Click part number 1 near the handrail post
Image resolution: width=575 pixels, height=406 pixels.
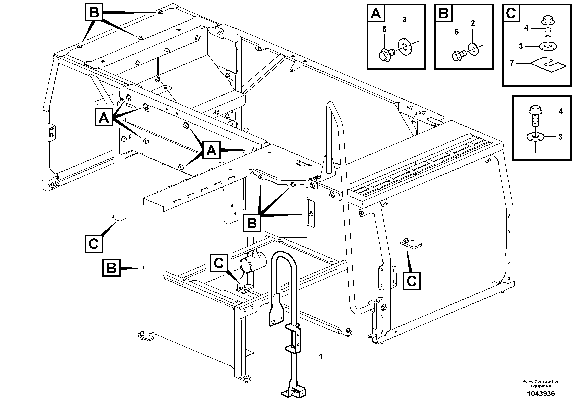point(321,357)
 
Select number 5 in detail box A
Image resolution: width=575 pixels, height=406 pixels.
point(384,30)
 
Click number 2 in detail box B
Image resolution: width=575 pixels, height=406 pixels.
point(473,24)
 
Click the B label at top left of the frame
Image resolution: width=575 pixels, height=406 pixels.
point(94,12)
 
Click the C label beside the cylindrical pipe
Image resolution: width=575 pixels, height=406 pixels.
point(219,263)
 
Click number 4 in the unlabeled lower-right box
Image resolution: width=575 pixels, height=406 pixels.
point(561,112)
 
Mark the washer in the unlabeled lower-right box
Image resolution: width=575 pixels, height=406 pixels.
point(535,137)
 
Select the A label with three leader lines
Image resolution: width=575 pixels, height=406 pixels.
point(104,118)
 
